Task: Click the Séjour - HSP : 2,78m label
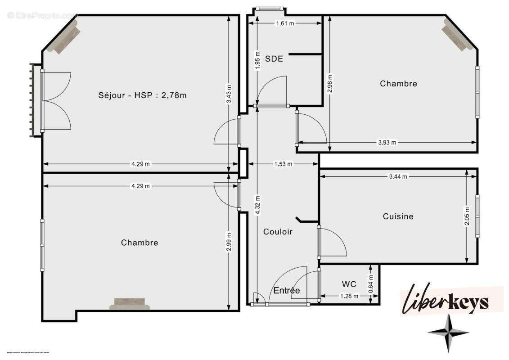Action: pyautogui.click(x=142, y=95)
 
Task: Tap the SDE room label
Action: pyautogui.click(x=274, y=58)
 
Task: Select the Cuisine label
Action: pyautogui.click(x=398, y=216)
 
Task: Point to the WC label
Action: pyautogui.click(x=349, y=284)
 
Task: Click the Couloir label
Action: pyautogui.click(x=278, y=232)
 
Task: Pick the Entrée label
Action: pyautogui.click(x=287, y=290)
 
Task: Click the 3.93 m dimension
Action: pyautogui.click(x=387, y=143)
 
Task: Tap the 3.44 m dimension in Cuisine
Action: pyautogui.click(x=398, y=177)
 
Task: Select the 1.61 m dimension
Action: pyautogui.click(x=285, y=23)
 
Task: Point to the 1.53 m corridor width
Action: pyautogui.click(x=283, y=164)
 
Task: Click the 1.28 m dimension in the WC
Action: pyautogui.click(x=349, y=296)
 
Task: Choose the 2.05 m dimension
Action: pyautogui.click(x=467, y=216)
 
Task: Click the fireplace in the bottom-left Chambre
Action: pyautogui.click(x=129, y=304)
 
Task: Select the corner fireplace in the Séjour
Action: pyautogui.click(x=63, y=39)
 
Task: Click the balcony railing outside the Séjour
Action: pyautogui.click(x=32, y=100)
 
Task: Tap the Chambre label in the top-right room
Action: pyautogui.click(x=398, y=83)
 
